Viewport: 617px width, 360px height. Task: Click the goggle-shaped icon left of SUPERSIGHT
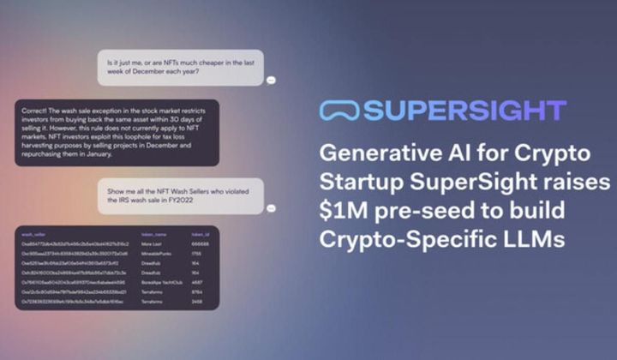coord(338,111)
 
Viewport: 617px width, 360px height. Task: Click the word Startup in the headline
coord(355,183)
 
